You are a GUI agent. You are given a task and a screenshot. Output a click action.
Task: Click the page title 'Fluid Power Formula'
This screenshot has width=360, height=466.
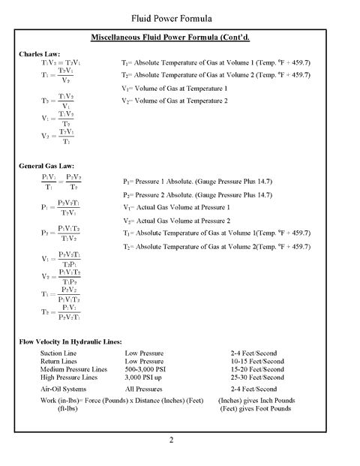click(x=180, y=17)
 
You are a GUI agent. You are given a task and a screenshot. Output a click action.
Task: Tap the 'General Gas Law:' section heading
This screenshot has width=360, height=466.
click(x=47, y=166)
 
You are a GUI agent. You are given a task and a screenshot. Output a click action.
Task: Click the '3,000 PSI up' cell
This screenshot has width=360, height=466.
click(x=145, y=377)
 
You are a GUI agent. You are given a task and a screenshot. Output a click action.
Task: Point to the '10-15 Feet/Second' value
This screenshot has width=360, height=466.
click(x=257, y=360)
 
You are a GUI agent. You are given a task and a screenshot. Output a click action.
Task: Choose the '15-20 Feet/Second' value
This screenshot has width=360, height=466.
click(x=257, y=369)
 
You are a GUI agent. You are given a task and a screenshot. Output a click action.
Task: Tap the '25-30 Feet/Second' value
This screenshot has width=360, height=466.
click(x=257, y=377)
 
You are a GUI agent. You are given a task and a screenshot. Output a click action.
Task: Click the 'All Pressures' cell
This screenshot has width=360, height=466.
click(x=145, y=389)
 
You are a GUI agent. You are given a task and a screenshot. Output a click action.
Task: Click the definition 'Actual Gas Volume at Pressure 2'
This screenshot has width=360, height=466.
click(x=177, y=221)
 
